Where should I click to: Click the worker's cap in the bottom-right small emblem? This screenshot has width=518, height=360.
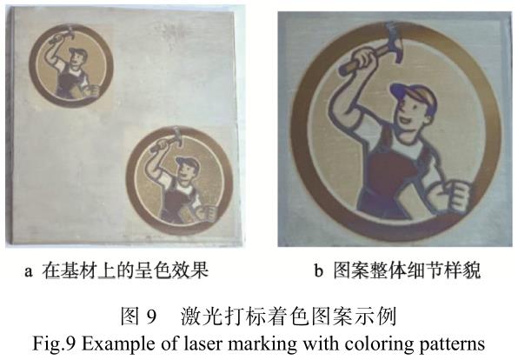188,162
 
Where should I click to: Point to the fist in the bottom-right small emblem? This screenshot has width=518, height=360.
207,213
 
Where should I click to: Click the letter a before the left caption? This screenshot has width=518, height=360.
29,271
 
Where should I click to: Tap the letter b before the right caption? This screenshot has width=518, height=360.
318,270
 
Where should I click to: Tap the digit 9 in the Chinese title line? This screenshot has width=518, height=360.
150,317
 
